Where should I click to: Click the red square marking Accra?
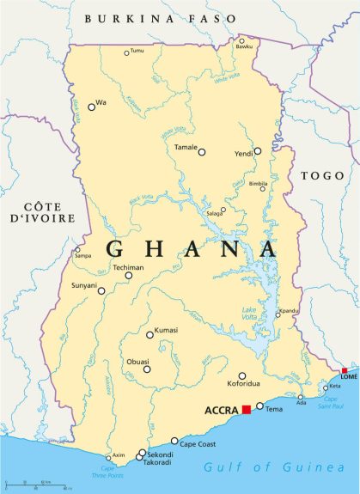(246, 410)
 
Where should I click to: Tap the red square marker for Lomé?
(345, 371)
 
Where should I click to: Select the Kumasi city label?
(167, 331)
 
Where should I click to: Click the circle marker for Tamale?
(202, 152)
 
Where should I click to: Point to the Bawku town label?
(245, 46)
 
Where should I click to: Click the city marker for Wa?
(91, 107)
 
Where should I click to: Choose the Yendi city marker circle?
(257, 151)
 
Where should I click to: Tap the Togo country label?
(321, 175)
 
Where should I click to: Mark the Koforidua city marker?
(242, 375)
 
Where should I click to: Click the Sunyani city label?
(85, 284)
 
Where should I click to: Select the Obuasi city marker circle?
(147, 369)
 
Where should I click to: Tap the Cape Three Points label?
(107, 471)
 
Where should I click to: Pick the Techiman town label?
(129, 268)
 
